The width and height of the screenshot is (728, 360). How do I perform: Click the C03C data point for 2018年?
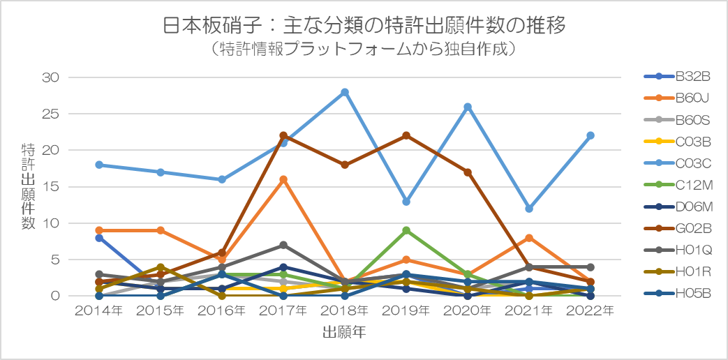click(345, 92)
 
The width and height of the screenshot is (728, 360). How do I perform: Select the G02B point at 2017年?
click(283, 135)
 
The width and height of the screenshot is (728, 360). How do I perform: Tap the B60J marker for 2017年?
click(283, 179)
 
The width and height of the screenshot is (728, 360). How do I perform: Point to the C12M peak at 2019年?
click(406, 230)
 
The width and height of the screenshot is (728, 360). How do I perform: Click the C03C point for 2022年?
click(590, 135)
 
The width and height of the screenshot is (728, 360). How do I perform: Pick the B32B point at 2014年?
click(99, 238)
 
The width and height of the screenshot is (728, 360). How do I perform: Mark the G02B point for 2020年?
click(468, 172)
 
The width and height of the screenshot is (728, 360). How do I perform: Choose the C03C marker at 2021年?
click(529, 209)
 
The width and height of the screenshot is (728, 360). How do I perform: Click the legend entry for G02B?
click(676, 227)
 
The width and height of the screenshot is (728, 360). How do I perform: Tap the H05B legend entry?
click(676, 292)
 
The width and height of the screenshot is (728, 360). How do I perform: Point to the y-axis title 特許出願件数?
click(29, 187)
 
